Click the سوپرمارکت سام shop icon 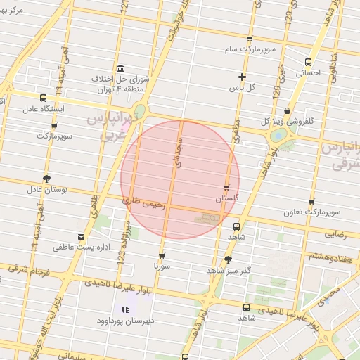[x=250, y=39]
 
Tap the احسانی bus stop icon [x=308, y=62]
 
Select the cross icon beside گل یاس [x=242, y=77]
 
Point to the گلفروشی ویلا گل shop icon [x=287, y=111]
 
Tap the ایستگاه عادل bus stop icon [x=44, y=98]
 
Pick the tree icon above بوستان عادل [x=46, y=178]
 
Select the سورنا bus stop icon [x=162, y=256]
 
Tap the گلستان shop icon [x=226, y=188]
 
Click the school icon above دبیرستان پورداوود [x=126, y=309]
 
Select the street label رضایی [x=335, y=236]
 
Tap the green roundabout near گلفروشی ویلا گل [x=279, y=134]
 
